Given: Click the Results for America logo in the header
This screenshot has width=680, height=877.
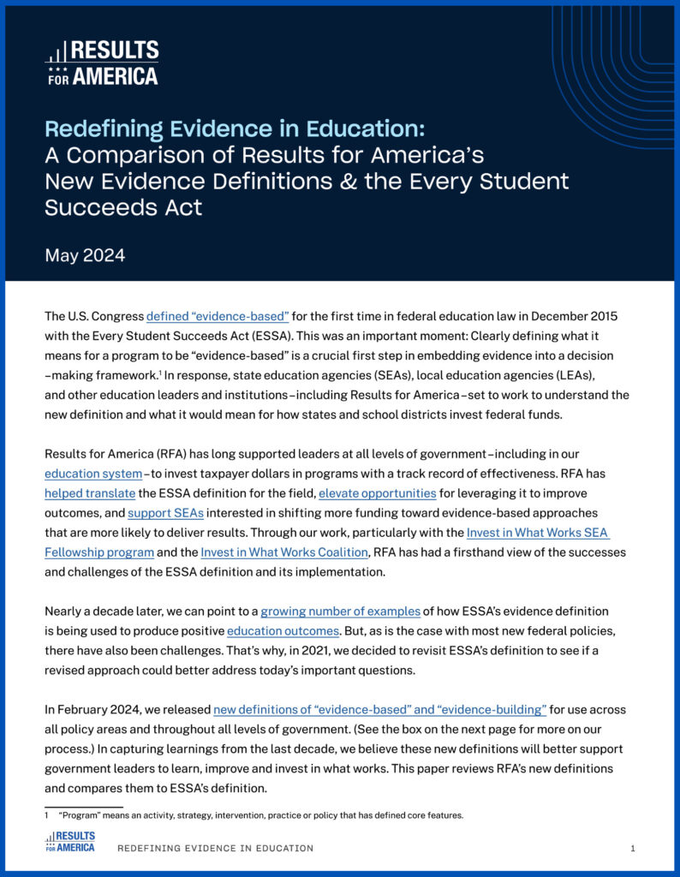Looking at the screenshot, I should [x=101, y=63].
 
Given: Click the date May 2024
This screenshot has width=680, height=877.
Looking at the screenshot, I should [x=86, y=255].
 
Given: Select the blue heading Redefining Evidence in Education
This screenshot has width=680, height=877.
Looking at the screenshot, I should [x=234, y=129].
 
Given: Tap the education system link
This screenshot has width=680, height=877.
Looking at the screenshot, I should [x=93, y=473].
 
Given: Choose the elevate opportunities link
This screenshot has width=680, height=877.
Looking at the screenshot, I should [x=378, y=493].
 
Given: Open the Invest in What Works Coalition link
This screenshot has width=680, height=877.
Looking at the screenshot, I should [x=284, y=552].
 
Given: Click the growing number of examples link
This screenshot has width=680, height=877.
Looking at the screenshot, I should [x=340, y=611].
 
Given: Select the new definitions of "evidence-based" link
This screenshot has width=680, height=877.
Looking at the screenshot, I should [x=379, y=709].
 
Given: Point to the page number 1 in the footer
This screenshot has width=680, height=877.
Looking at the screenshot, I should [x=632, y=848].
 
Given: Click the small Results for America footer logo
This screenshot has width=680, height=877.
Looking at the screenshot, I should [x=70, y=841].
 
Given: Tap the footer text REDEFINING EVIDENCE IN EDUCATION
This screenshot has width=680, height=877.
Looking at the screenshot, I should [x=215, y=848].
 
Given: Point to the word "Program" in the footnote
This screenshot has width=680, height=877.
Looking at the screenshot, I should [x=78, y=815].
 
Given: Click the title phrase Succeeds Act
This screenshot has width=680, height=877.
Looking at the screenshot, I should [x=123, y=207].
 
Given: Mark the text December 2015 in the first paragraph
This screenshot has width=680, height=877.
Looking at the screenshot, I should [x=576, y=316].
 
